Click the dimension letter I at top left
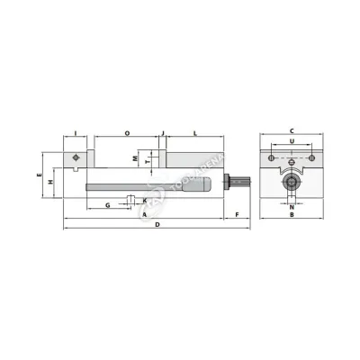(x=76, y=133)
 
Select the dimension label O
(x=127, y=133)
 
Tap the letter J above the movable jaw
(x=163, y=133)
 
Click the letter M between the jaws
(x=135, y=157)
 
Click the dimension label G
(x=108, y=205)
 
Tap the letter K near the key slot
(x=144, y=200)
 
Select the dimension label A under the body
(x=144, y=216)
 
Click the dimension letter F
(x=237, y=216)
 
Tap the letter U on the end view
(x=292, y=141)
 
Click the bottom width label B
(x=292, y=216)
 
